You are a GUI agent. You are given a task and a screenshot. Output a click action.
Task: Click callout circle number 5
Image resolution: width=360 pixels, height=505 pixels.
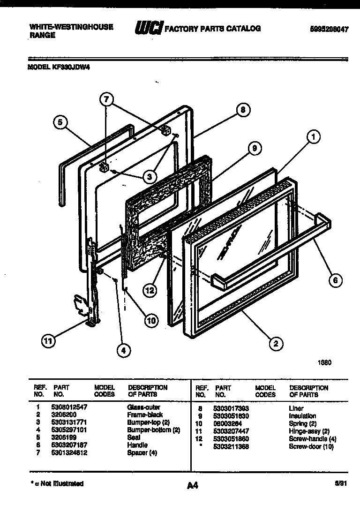60,123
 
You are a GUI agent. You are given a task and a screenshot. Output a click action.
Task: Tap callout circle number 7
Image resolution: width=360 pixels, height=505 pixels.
107,99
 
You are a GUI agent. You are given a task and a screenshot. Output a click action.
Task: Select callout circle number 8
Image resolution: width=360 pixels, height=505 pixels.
242,110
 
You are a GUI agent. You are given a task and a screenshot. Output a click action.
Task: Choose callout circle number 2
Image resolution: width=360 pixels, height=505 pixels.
276,343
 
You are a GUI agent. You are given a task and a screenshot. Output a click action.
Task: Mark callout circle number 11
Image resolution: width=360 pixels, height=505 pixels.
47,341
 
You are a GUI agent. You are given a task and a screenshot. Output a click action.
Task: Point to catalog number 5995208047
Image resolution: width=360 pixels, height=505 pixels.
329,29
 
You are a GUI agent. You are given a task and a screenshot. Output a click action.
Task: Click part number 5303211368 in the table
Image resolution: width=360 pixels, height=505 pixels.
232,446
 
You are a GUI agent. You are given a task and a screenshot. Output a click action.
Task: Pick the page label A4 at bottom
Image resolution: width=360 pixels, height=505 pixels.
192,486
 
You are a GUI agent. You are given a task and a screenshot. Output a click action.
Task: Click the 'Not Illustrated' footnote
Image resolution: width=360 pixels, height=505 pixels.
57,483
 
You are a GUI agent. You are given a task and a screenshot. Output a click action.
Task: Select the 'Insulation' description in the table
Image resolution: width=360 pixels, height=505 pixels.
302,416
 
